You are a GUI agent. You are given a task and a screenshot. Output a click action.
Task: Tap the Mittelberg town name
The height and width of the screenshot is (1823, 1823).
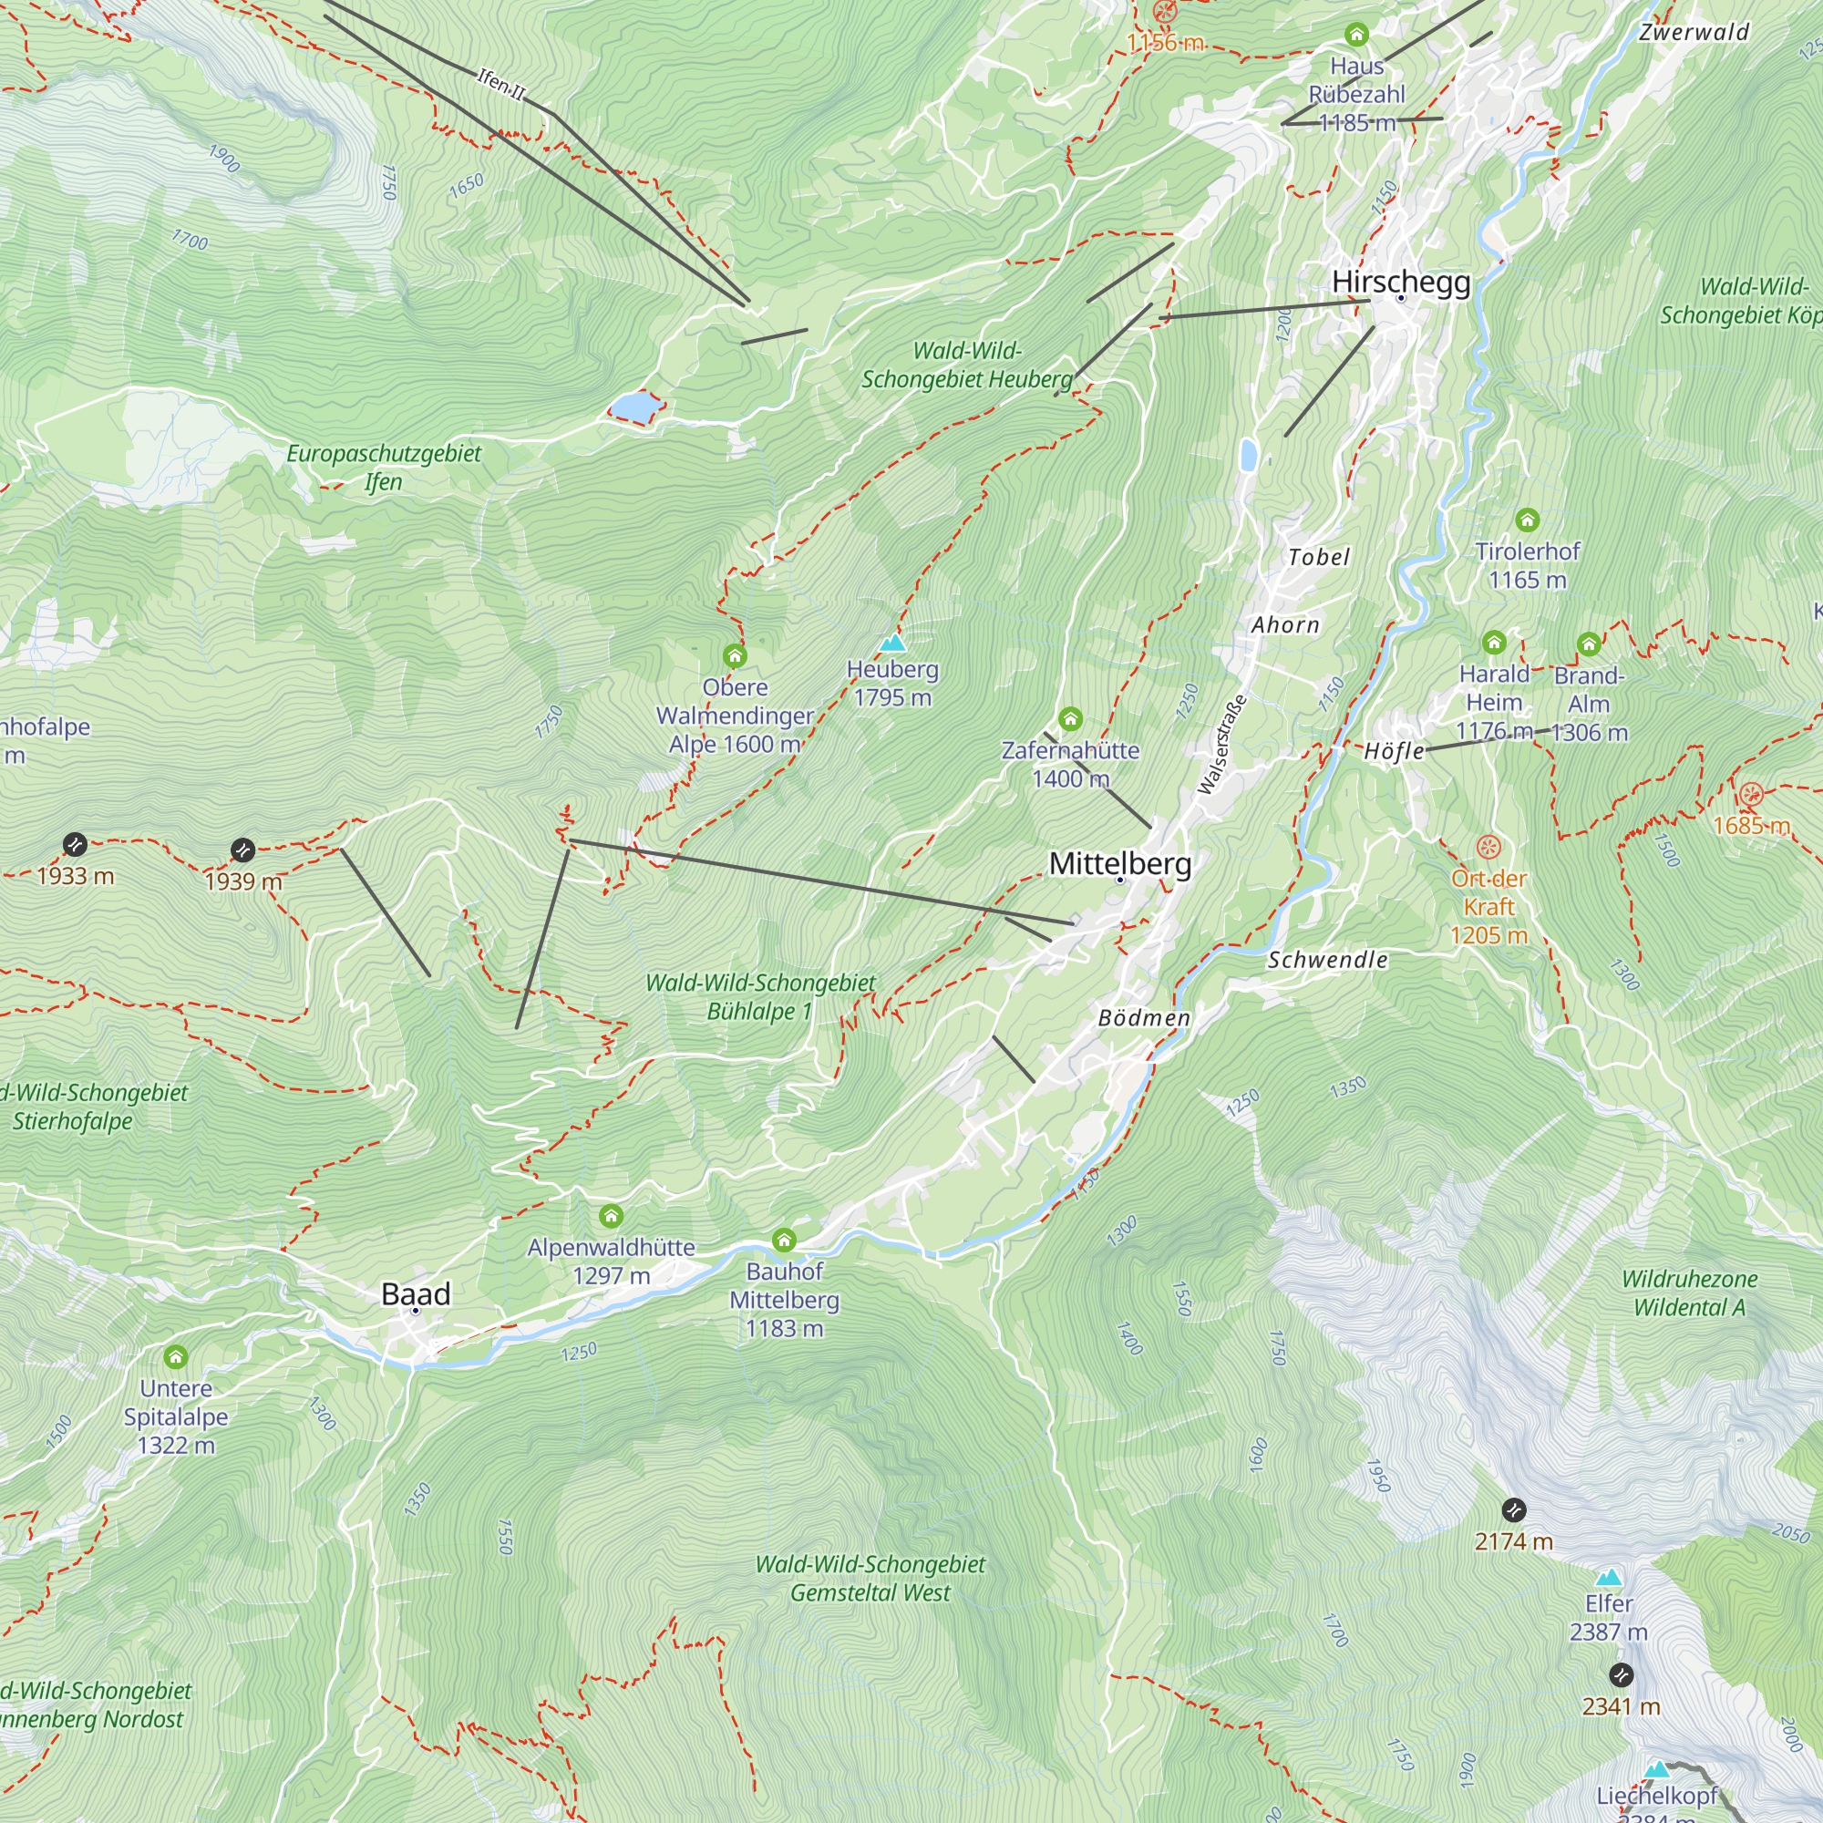(x=1120, y=863)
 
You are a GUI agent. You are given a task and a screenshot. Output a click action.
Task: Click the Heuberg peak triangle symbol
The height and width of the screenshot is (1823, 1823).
(x=892, y=644)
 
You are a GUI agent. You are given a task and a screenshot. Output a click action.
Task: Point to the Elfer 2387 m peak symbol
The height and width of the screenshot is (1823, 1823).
(x=1609, y=1578)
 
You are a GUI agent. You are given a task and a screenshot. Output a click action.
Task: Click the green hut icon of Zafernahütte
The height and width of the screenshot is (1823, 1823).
(x=1070, y=720)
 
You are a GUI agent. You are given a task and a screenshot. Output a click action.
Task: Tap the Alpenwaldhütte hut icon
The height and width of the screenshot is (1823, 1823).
(x=612, y=1215)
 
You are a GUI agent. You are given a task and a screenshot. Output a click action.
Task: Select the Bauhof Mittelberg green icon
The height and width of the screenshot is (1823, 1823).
(x=784, y=1240)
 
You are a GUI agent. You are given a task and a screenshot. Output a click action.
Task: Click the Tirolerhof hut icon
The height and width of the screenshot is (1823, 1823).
(x=1527, y=520)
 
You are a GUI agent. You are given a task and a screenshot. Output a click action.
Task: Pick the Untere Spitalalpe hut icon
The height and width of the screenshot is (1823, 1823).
(x=176, y=1357)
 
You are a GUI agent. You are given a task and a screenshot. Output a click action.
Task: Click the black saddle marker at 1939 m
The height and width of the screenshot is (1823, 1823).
(x=243, y=850)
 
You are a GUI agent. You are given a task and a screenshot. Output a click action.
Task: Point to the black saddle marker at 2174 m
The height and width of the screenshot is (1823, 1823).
(x=1513, y=1509)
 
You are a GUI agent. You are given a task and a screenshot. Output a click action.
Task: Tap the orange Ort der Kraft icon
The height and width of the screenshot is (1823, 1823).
(x=1488, y=847)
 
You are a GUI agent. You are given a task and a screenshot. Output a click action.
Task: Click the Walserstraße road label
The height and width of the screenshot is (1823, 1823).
(x=1222, y=746)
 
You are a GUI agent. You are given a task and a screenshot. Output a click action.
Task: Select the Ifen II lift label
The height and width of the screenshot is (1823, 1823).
(x=501, y=85)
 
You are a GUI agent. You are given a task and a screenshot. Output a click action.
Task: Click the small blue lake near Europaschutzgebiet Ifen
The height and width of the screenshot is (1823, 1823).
(x=634, y=407)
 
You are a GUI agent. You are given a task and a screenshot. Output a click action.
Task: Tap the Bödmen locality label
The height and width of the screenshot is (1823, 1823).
(x=1144, y=1018)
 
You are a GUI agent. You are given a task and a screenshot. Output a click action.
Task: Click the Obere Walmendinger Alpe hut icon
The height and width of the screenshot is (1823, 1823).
(x=734, y=655)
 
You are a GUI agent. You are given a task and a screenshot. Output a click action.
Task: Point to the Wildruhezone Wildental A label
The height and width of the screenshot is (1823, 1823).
(x=1689, y=1293)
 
